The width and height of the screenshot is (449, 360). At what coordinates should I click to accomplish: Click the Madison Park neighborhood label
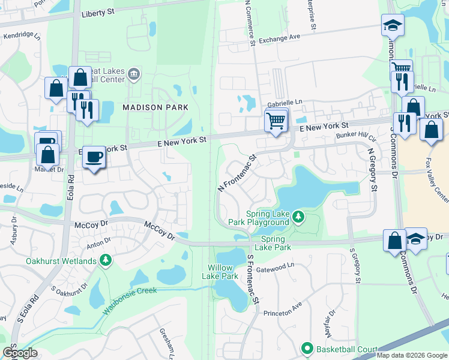(155, 107)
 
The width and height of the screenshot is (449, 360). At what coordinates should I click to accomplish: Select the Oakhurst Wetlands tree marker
(106, 260)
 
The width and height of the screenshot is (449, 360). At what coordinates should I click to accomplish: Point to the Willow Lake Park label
(223, 272)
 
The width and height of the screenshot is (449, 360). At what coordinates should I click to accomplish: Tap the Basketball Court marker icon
(307, 349)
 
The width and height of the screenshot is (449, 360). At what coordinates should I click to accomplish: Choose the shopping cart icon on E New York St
(276, 121)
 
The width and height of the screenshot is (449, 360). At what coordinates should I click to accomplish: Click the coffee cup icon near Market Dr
(93, 157)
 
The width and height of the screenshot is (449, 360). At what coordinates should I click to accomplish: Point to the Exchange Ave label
(280, 38)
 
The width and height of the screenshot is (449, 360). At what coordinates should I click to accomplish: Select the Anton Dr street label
(98, 242)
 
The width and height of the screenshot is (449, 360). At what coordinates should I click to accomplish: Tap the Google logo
(19, 353)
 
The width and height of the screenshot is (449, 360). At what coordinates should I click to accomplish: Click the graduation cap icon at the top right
(392, 25)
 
